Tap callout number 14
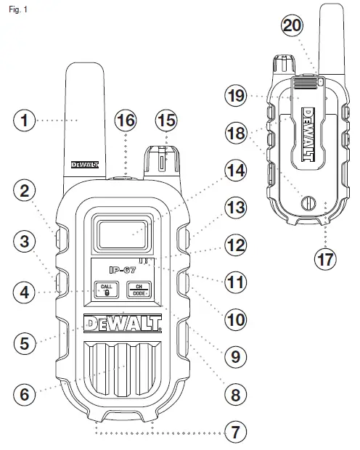coord(234,171)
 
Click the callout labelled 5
coord(26,343)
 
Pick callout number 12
coord(234,245)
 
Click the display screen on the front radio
coord(121,233)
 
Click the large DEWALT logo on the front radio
coord(122,323)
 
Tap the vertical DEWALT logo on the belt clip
coord(306,131)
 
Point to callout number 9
coord(234,357)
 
